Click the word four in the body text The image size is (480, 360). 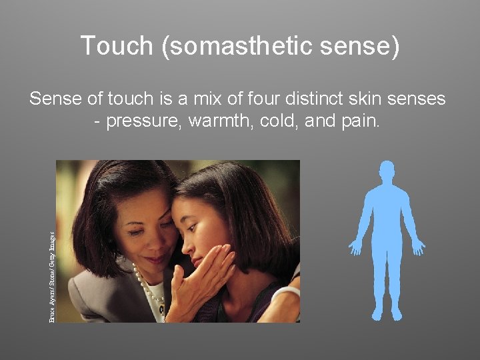tap(248, 99)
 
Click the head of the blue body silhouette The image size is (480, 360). tap(386, 171)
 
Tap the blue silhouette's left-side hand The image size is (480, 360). tap(355, 247)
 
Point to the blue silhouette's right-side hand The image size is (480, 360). tap(418, 247)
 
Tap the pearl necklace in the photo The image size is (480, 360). tap(148, 287)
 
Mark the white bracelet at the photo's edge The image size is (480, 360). tap(288, 293)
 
